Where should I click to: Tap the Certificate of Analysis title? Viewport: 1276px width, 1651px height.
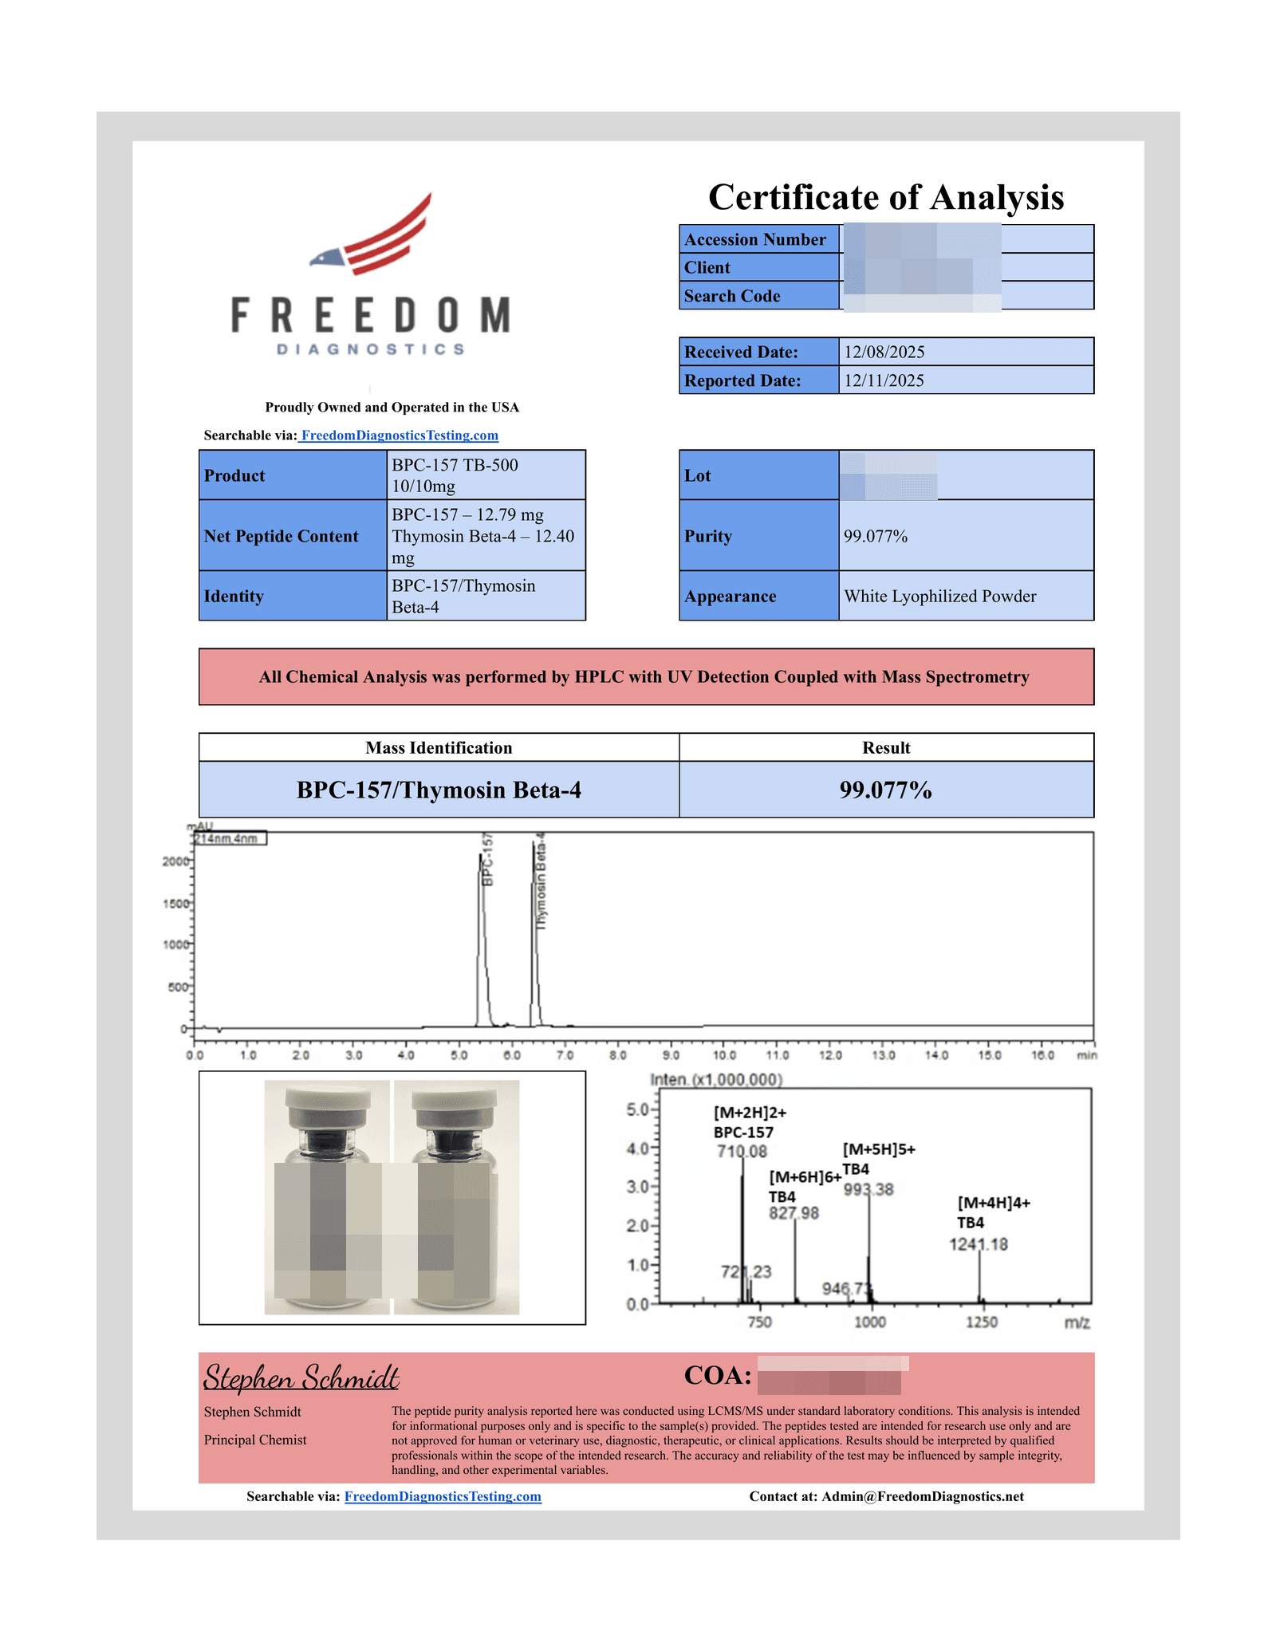click(x=885, y=197)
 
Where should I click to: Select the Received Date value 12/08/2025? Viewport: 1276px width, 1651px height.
click(x=884, y=352)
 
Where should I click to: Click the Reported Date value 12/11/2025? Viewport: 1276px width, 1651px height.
click(x=884, y=380)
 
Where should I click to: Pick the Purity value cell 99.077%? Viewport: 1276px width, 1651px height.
click(x=876, y=536)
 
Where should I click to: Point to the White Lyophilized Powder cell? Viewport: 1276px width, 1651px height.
click(x=940, y=597)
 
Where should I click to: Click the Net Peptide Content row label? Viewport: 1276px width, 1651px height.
click(x=281, y=536)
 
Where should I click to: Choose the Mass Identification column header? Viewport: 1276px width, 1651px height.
click(x=439, y=747)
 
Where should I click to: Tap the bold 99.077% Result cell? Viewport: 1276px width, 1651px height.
click(x=885, y=790)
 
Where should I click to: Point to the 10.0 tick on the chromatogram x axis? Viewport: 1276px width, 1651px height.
click(x=724, y=1055)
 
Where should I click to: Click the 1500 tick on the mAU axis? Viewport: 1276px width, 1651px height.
click(x=175, y=904)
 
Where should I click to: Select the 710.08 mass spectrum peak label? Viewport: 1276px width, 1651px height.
click(x=742, y=1151)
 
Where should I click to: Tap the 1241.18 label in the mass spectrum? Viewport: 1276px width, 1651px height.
click(x=979, y=1244)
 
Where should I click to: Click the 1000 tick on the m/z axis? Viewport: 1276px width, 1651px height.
click(x=870, y=1322)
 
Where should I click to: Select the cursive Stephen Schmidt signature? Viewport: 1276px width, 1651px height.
click(x=301, y=1377)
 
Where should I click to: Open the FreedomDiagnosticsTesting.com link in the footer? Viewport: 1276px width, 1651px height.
click(x=443, y=1496)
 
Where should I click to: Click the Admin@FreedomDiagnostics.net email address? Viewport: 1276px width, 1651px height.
click(x=923, y=1496)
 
